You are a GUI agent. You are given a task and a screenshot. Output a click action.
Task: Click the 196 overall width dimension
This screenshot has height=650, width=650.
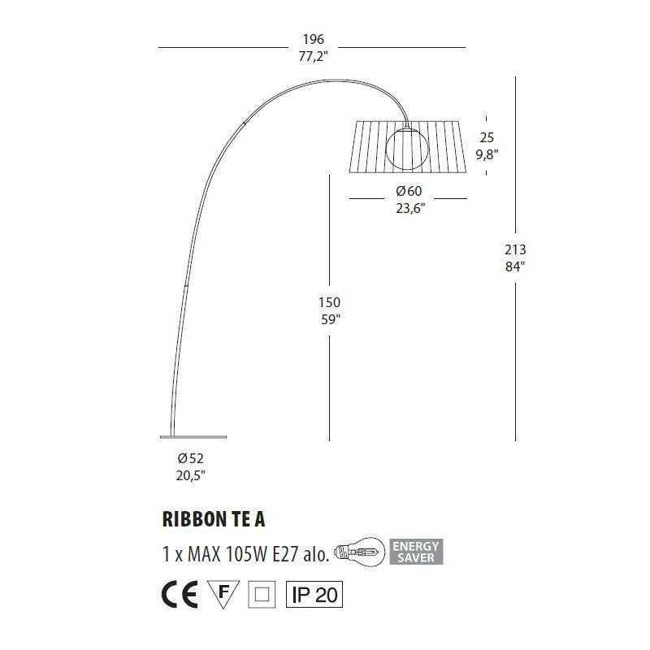(313, 39)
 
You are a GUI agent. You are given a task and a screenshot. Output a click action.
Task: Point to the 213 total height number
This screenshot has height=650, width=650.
(516, 249)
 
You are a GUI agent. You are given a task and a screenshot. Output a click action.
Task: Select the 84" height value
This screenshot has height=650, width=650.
(516, 266)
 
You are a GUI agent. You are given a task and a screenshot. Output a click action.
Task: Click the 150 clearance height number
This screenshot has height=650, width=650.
(329, 302)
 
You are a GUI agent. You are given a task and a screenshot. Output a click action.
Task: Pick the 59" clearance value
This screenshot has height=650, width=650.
(329, 319)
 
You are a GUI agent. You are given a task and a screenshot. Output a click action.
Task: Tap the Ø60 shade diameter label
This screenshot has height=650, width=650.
(409, 191)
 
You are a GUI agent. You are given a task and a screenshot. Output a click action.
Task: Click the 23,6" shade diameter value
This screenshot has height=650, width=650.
(409, 208)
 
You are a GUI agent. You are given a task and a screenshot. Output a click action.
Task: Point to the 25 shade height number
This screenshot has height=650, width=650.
(487, 137)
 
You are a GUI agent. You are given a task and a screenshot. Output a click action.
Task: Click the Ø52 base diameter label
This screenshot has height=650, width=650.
(191, 458)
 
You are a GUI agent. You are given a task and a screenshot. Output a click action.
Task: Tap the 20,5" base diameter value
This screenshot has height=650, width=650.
(191, 476)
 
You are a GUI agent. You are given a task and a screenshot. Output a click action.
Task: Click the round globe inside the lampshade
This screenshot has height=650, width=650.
(405, 147)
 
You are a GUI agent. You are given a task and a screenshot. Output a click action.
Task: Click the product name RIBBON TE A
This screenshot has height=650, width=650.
(214, 520)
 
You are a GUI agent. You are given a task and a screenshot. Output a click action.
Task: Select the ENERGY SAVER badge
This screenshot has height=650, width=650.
(417, 552)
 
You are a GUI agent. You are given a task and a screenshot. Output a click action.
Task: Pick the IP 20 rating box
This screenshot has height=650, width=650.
(314, 595)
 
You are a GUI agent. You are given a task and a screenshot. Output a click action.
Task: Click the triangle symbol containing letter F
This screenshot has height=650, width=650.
(223, 592)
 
